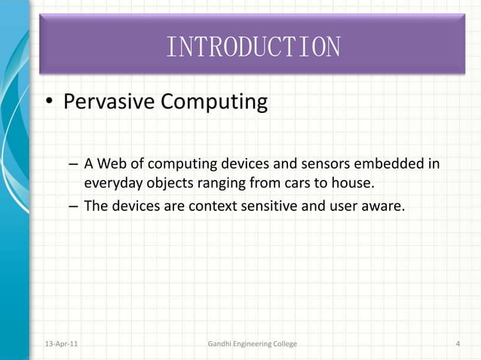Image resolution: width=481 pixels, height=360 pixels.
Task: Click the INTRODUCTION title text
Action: (253, 47)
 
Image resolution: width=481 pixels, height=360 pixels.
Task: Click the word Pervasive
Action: (109, 102)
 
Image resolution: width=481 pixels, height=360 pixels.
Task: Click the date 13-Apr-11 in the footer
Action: (60, 344)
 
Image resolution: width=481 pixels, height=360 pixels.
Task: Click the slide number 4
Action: (458, 344)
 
